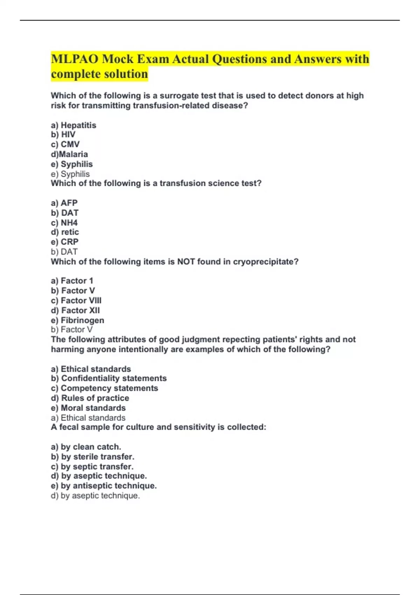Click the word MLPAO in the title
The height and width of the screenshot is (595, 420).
[x=75, y=59]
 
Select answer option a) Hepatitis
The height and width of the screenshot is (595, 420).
[x=73, y=125]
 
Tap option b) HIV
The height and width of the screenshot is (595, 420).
[x=63, y=135]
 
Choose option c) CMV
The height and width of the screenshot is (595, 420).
[x=65, y=145]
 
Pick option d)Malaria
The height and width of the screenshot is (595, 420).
[x=69, y=154]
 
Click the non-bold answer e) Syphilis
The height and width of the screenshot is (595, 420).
[x=70, y=174]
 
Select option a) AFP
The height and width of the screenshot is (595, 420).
[x=64, y=203]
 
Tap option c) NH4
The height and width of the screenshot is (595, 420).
[x=64, y=223]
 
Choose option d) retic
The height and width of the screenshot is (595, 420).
[x=65, y=232]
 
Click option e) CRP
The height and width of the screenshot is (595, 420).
[x=65, y=242]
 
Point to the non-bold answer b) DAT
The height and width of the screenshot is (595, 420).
[x=64, y=252]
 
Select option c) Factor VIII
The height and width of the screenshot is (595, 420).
[x=76, y=301]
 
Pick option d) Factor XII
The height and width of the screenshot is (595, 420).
[x=75, y=310]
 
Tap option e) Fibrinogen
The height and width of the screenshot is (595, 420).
[x=77, y=320]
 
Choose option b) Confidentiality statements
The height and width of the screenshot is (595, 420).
[x=109, y=378]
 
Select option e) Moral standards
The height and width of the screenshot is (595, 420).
[x=88, y=408]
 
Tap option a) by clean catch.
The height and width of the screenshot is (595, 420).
[x=86, y=447]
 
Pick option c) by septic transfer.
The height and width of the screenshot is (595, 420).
[x=92, y=467]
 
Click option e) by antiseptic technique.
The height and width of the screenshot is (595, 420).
[x=104, y=486]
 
